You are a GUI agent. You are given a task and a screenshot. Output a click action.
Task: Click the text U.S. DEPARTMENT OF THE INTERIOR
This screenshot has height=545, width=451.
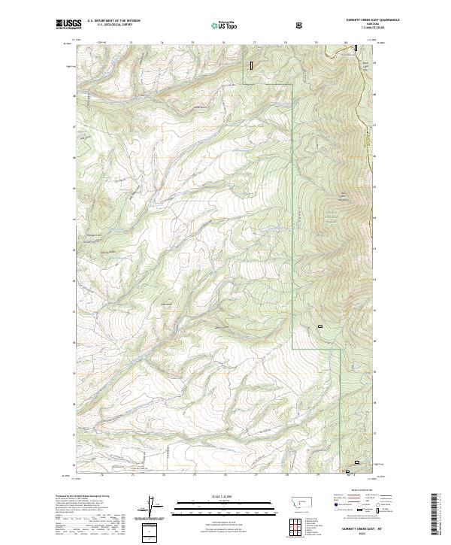tap(114, 20)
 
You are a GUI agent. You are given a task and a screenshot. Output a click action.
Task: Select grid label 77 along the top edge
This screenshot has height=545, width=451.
tap(254, 43)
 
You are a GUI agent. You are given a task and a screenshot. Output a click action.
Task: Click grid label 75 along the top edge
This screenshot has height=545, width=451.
tap(192, 43)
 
